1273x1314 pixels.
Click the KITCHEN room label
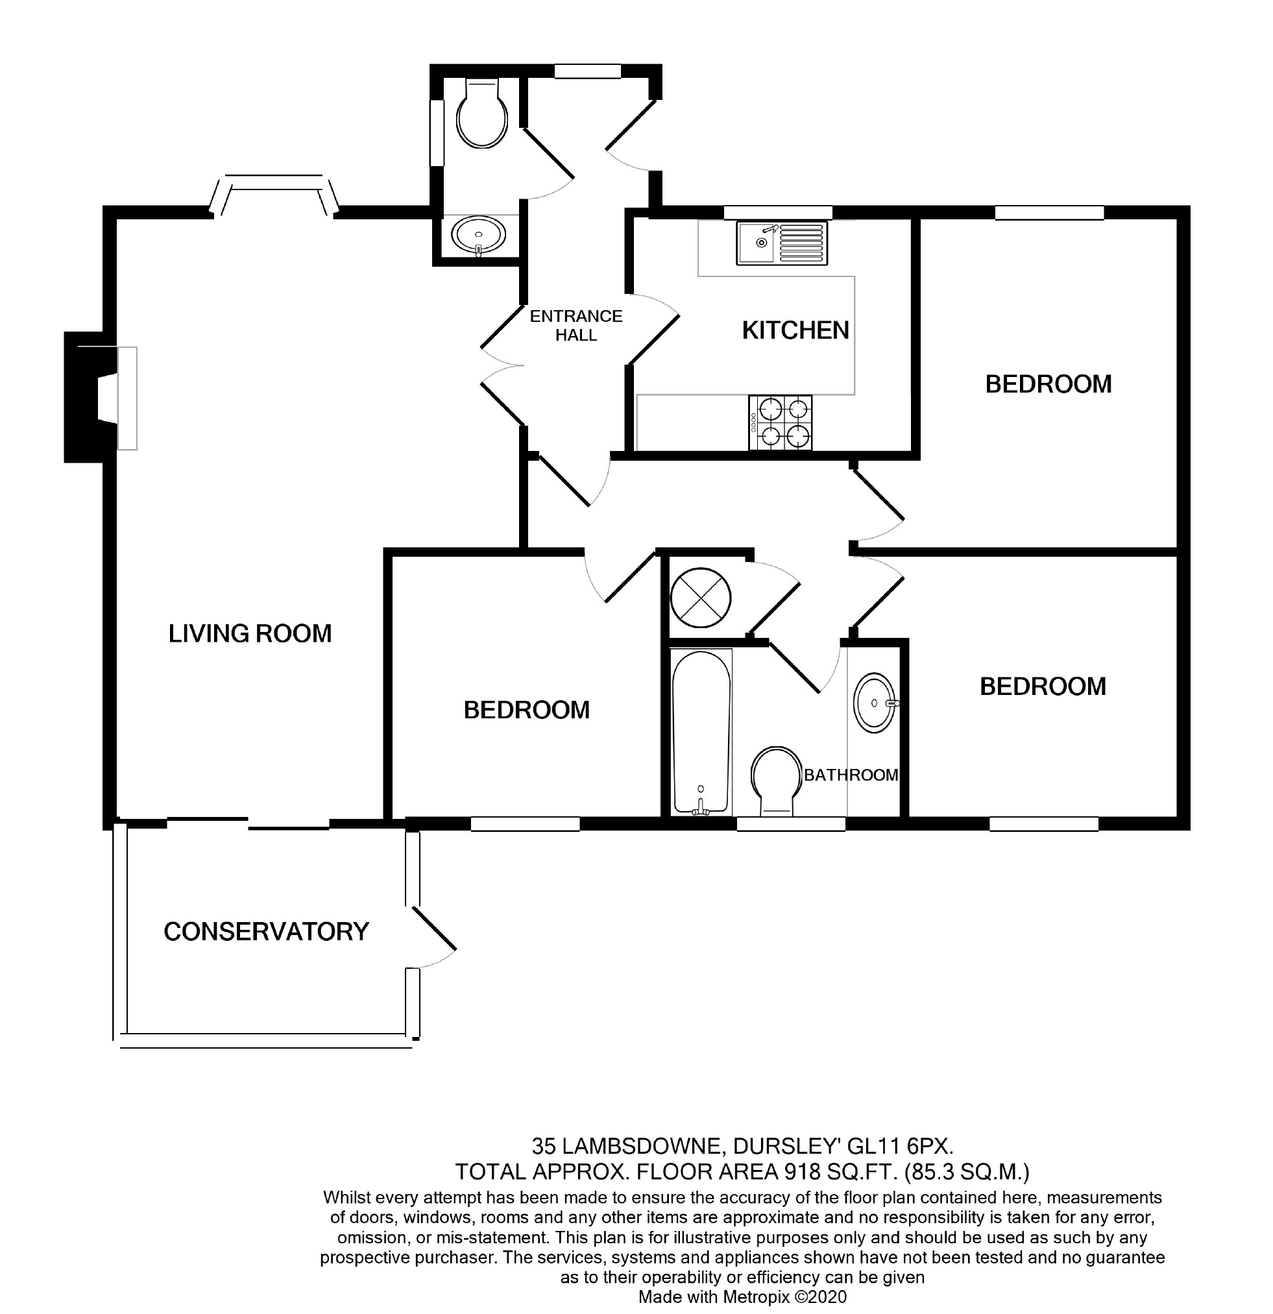(795, 330)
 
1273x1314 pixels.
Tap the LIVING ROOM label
(250, 633)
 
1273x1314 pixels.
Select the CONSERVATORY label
(266, 932)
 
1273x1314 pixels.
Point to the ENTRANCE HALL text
(576, 325)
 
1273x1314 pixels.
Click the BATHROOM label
(851, 775)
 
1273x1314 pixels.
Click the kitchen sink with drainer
(781, 243)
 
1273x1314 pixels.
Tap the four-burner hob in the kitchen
(780, 422)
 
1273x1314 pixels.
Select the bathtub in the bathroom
(701, 732)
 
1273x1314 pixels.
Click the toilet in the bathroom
(777, 782)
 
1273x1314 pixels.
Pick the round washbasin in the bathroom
(875, 703)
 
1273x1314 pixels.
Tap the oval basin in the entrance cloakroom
(479, 236)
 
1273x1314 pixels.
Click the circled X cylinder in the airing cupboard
(701, 598)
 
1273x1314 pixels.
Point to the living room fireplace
(101, 398)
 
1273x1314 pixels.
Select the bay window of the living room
(275, 194)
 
